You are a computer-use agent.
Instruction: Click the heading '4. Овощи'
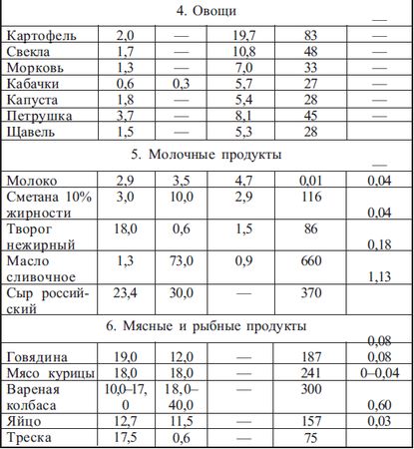pyautogui.click(x=207, y=14)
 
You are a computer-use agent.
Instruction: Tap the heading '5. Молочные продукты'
pyautogui.click(x=207, y=156)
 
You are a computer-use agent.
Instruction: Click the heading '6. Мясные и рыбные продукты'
pyautogui.click(x=207, y=326)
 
